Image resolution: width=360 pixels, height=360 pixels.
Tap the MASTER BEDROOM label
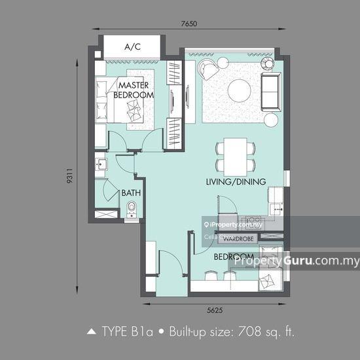[x=134, y=90]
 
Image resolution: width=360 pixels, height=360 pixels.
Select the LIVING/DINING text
[x=236, y=182]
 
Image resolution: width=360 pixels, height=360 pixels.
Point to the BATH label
[x=130, y=194]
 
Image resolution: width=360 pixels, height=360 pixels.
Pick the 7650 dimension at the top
[x=189, y=24]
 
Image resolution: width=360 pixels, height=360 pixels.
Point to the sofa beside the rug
[x=270, y=92]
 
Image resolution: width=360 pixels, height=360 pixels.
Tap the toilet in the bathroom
[x=131, y=210]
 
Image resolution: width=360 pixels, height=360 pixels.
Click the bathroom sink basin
[x=101, y=164]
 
